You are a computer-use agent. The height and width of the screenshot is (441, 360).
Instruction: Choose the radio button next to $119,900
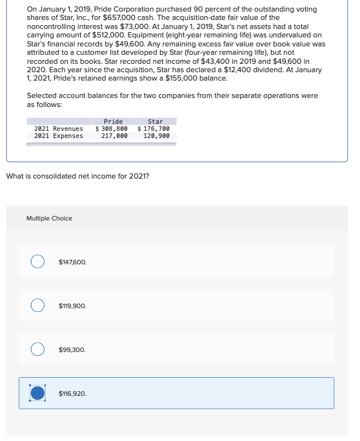(x=39, y=305)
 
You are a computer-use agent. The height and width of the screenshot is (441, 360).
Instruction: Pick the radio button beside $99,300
(x=39, y=349)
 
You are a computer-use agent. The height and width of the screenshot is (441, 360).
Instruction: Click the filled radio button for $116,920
(x=39, y=393)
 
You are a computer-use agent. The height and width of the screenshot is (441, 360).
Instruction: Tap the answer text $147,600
(x=72, y=262)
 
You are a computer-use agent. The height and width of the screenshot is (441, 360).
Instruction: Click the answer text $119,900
(x=72, y=306)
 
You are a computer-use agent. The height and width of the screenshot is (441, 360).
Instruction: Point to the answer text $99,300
(x=71, y=349)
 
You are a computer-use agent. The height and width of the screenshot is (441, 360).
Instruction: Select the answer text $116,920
(x=72, y=393)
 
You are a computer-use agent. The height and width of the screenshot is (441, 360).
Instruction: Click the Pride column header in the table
(x=113, y=121)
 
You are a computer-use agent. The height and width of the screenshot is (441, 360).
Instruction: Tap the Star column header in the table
(x=155, y=121)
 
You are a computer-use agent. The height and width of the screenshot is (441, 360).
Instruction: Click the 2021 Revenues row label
(x=59, y=128)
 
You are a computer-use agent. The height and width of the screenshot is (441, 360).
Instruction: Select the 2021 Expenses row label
(x=59, y=136)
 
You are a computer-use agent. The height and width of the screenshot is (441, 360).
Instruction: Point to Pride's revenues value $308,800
(x=112, y=128)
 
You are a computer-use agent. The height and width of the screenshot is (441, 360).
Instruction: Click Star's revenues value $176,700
(x=154, y=128)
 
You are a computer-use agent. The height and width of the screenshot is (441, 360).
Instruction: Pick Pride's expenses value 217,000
(x=114, y=136)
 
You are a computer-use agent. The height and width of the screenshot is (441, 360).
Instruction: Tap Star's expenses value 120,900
(x=156, y=136)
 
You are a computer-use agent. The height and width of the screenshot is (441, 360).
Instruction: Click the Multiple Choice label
(x=49, y=219)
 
